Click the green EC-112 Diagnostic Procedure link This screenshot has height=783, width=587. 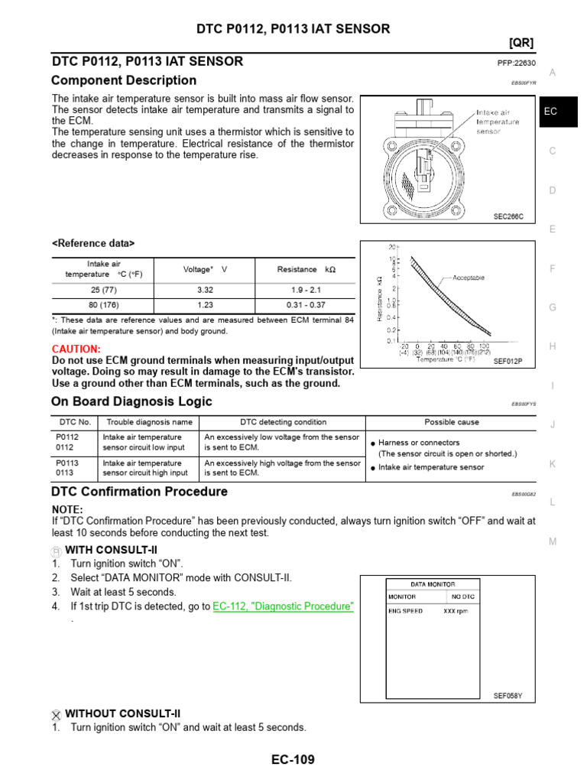[x=283, y=606]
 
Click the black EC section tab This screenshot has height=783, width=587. [x=551, y=111]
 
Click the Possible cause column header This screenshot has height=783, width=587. [x=452, y=422]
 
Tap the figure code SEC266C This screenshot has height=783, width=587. [x=508, y=216]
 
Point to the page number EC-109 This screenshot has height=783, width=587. [x=293, y=759]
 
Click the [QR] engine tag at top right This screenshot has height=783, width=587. [x=521, y=43]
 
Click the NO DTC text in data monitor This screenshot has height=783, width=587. [x=463, y=596]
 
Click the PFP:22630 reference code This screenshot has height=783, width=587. [x=516, y=63]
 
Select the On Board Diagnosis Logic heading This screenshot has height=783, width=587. [x=131, y=401]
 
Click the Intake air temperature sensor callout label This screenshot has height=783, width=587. [x=498, y=122]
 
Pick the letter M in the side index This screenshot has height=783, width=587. [x=552, y=541]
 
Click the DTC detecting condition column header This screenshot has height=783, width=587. [x=283, y=422]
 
